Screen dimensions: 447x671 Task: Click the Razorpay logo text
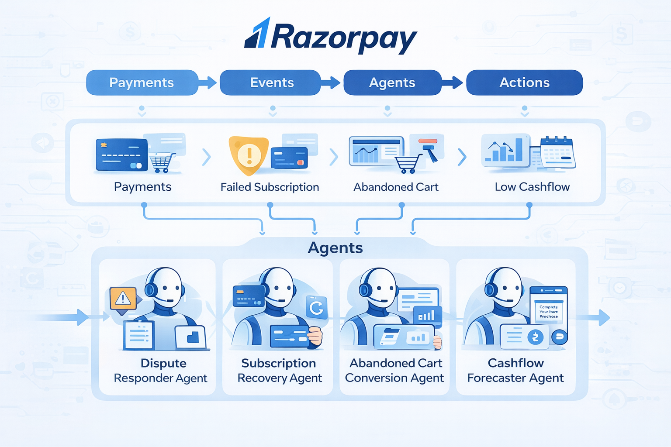point(344,38)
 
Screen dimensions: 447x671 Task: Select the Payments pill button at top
point(142,83)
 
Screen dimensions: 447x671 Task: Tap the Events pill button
point(271,83)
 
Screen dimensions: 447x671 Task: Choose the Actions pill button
point(524,83)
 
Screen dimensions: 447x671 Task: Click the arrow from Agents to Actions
point(453,82)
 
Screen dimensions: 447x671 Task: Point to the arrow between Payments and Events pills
point(208,83)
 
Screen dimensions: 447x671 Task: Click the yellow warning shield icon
point(248,155)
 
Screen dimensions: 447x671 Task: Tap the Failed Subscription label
point(270,187)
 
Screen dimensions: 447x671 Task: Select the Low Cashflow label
point(532,187)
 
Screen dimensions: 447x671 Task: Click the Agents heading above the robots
point(335,248)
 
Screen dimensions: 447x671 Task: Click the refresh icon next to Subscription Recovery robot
point(317,308)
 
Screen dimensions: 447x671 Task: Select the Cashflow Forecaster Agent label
point(515,370)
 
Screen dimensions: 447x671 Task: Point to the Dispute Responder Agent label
point(161,370)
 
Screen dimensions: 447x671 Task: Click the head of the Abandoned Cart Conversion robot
point(379,286)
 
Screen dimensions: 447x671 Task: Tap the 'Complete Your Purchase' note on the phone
point(549,312)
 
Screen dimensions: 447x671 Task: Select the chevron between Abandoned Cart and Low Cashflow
point(462,157)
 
